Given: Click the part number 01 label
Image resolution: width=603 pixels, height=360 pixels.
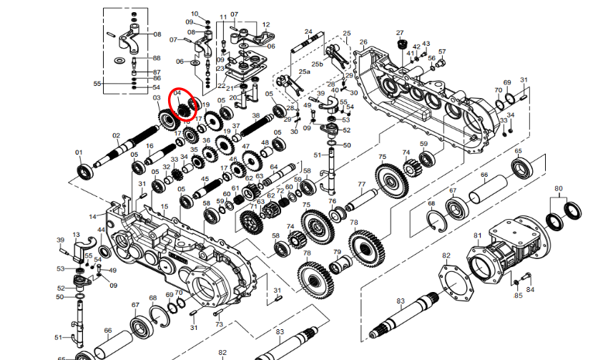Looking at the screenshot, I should [79, 152].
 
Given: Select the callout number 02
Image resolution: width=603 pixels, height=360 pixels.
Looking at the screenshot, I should [116, 135].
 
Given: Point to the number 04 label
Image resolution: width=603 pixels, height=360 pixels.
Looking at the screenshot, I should [177, 93].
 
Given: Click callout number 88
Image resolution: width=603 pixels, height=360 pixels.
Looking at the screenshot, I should [157, 58].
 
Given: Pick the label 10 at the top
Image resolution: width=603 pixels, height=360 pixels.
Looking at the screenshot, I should [195, 14].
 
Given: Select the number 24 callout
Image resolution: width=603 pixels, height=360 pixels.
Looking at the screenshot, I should [308, 31].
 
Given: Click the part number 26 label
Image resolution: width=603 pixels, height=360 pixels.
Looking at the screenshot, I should [363, 42].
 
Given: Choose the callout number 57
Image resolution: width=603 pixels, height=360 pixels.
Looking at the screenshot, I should [442, 52].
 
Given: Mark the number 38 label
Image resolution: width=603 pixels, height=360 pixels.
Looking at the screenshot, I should [255, 116].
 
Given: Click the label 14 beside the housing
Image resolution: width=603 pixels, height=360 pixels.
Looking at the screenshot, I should [92, 216].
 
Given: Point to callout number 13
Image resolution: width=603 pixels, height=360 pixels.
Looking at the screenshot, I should [77, 235].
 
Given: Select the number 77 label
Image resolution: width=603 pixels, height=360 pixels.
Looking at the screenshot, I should [361, 185].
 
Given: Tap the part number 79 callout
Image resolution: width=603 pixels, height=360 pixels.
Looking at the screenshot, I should [337, 252].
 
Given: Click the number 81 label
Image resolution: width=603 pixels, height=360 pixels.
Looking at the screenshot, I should [477, 235].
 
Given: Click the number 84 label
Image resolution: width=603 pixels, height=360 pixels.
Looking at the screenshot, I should [530, 290].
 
